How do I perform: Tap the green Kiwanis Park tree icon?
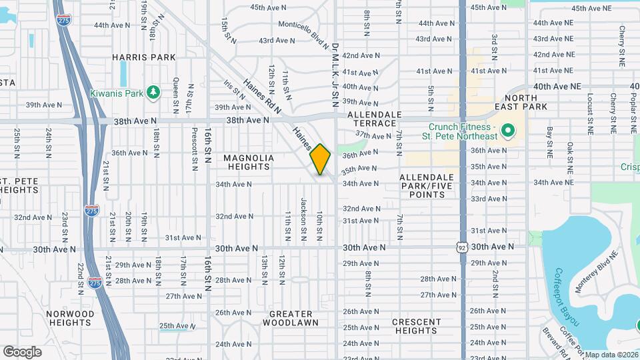point(153,91)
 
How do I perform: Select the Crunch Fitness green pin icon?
point(507,131)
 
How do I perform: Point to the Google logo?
point(22,351)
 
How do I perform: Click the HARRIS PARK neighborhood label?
point(143,57)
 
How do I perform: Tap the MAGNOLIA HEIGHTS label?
point(249,162)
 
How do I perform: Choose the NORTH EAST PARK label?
point(540,102)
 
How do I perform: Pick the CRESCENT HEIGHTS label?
point(416,326)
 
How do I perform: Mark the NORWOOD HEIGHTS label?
point(70,318)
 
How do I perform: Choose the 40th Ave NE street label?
point(557,87)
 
